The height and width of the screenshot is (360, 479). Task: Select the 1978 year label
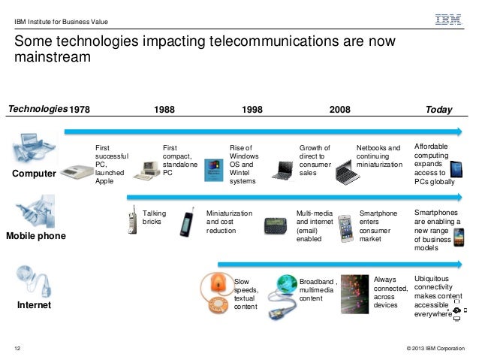(x=79, y=110)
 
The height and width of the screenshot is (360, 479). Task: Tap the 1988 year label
(x=165, y=110)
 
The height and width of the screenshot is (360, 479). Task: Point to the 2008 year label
(x=340, y=110)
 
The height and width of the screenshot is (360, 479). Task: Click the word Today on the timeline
(x=438, y=110)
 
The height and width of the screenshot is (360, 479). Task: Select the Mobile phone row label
(x=36, y=236)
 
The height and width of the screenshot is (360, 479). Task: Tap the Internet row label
(x=35, y=306)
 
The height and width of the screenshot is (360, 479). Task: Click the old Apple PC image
(x=76, y=172)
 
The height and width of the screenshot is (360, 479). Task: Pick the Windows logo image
(x=213, y=169)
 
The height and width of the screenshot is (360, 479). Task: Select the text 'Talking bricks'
(x=154, y=218)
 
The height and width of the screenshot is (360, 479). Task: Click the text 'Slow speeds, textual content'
(x=247, y=294)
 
